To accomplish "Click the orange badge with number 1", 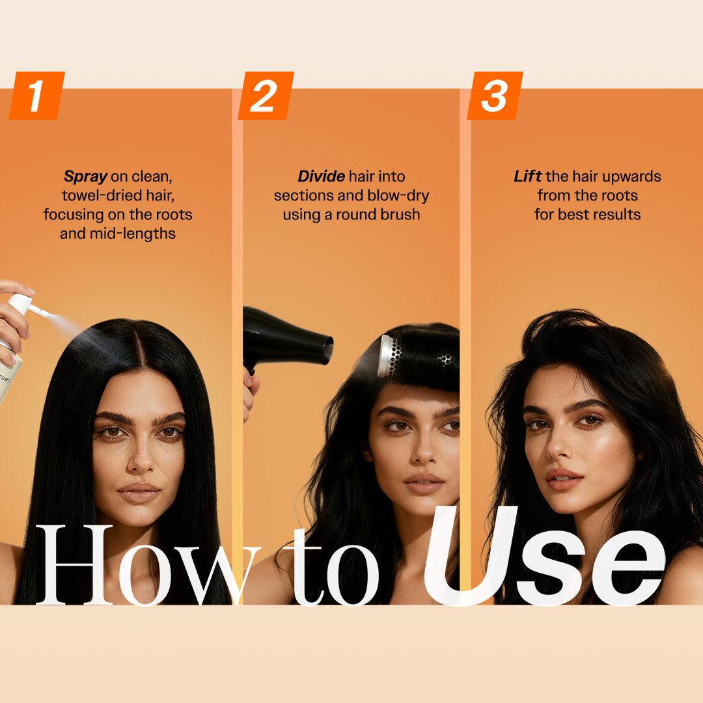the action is pos(36,96).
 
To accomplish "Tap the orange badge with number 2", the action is pos(266,96).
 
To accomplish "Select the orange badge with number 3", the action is pos(495,96).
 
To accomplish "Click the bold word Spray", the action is pos(85,176).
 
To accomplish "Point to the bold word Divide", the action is pos(322,176).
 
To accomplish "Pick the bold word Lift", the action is pos(528,176).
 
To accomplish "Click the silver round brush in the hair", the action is pos(389,357).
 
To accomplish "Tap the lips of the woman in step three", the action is pos(563,479).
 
